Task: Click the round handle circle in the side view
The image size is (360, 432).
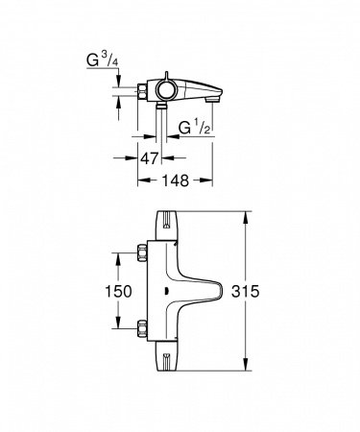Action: (x=168, y=90)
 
